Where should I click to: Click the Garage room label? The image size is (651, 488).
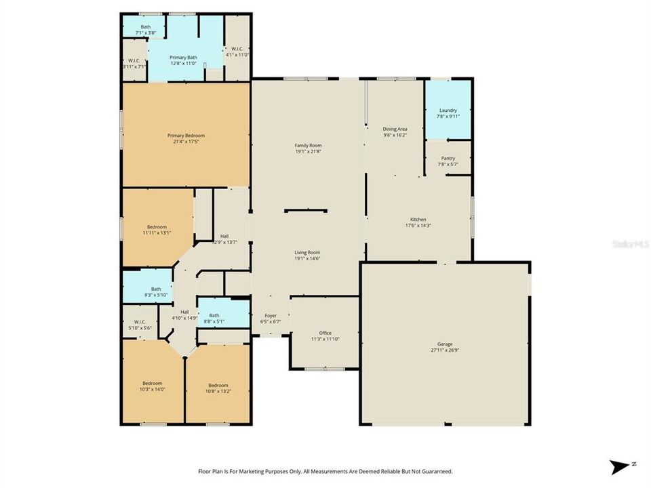445,344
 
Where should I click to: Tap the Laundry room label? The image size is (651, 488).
448,110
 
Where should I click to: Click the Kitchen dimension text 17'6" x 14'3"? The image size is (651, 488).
418,226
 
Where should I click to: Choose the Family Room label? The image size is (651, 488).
308,146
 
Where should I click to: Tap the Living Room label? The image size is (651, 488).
308,252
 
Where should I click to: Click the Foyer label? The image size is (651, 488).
271,316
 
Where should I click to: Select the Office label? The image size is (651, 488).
325,333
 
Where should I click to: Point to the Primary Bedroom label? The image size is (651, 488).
186,136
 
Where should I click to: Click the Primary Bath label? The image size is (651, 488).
183,58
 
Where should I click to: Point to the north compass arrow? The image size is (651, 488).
620,467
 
